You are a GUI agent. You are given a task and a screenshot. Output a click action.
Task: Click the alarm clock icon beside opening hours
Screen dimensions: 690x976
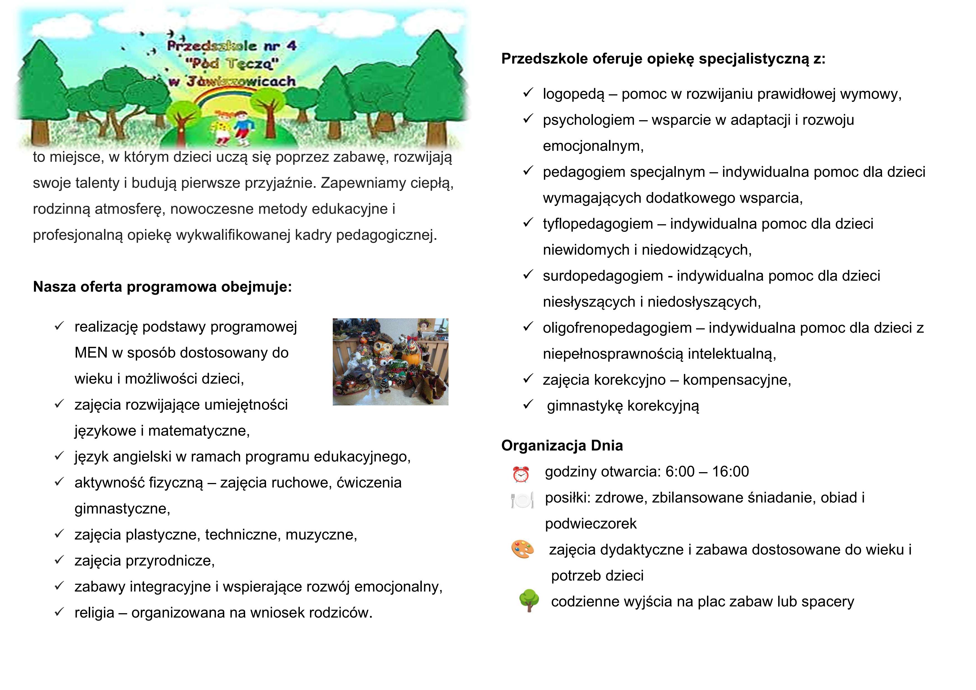(x=521, y=474)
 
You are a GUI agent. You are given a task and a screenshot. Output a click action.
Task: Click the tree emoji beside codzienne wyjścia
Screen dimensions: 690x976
(x=529, y=600)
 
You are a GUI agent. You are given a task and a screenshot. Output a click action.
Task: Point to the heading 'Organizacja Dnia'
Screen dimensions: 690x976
(x=562, y=445)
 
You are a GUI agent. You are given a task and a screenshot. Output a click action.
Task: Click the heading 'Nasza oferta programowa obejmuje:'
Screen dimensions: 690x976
(x=162, y=287)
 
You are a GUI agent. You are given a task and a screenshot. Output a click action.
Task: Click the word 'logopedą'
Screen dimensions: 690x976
(x=573, y=94)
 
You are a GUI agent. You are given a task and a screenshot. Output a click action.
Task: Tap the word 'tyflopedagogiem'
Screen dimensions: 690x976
(x=598, y=224)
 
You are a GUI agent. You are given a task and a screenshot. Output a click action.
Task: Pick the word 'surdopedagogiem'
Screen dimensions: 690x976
(x=603, y=276)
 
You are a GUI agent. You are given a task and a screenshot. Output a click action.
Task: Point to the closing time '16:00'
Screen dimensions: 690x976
(x=730, y=472)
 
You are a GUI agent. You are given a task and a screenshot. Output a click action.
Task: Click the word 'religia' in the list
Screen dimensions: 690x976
(x=94, y=613)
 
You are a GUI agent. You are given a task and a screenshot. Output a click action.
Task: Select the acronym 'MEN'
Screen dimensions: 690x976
(x=91, y=353)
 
